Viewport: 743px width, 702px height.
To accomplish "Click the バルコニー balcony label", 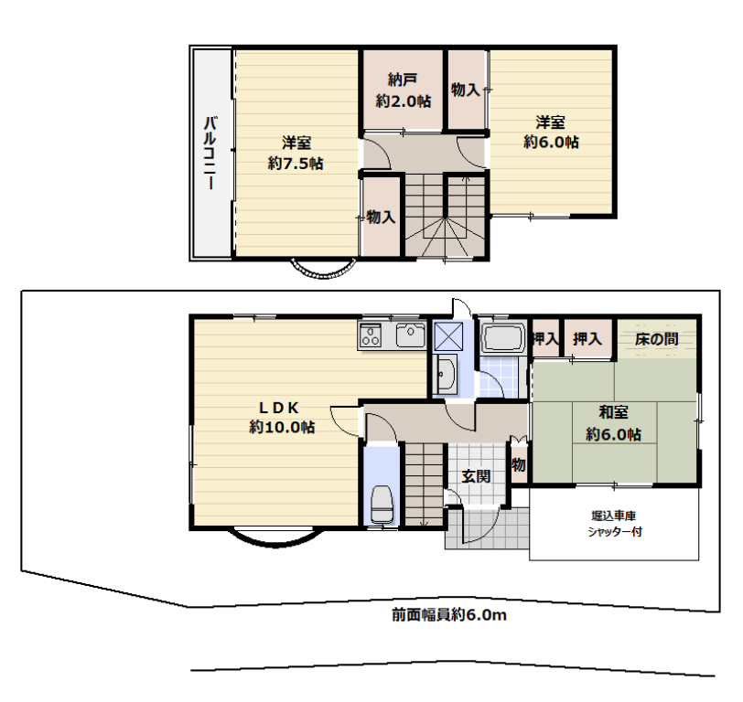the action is [x=210, y=153].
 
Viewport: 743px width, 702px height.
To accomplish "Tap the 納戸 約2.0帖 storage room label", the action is [x=404, y=90].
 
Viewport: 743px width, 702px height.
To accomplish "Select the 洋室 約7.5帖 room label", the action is [x=296, y=153].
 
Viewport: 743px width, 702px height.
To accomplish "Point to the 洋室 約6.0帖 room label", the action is [x=551, y=132].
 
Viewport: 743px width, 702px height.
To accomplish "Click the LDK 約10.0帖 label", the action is [x=282, y=417].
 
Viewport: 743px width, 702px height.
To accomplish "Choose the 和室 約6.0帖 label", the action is [x=613, y=422].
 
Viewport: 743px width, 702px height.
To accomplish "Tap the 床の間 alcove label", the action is [x=656, y=339].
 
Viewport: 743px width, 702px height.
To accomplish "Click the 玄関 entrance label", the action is [x=476, y=475].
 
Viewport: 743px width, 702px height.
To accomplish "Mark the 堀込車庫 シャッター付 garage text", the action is [x=614, y=524].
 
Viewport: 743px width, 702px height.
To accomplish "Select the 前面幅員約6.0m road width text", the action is [x=448, y=614].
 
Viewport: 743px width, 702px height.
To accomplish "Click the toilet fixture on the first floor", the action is [x=382, y=504].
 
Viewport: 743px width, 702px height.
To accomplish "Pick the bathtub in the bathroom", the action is [x=502, y=337].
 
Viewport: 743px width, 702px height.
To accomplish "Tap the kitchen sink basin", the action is [x=410, y=335].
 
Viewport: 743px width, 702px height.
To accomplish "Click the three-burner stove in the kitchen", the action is [x=370, y=335].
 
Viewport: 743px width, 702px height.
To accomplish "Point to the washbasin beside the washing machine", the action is [x=446, y=375].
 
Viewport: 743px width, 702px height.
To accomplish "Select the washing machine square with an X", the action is [x=448, y=335].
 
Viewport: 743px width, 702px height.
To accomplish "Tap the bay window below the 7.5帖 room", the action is [x=323, y=270].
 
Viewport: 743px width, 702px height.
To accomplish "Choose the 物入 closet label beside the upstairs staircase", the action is [x=381, y=217].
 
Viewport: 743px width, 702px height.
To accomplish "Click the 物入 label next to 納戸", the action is [x=466, y=89].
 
